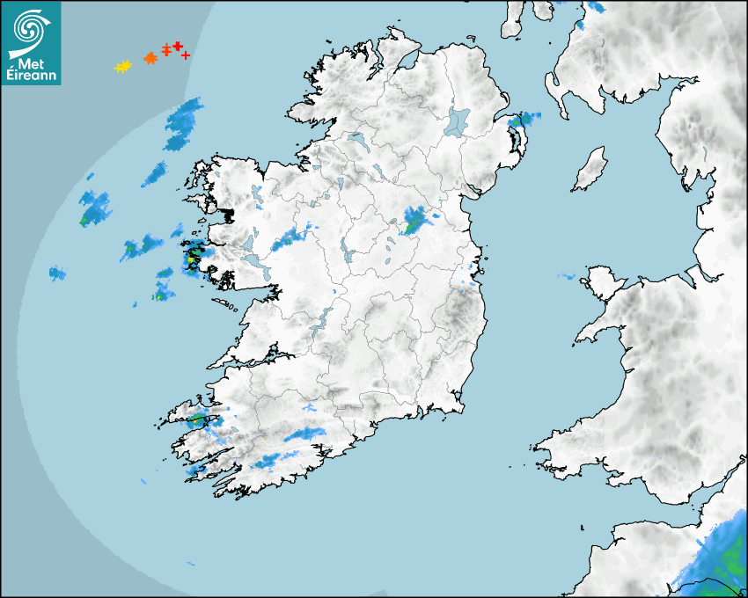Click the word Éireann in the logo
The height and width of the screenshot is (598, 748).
pyautogui.click(x=32, y=75)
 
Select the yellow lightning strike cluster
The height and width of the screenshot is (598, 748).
pyautogui.click(x=122, y=66)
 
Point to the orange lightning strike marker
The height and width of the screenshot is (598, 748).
pyautogui.click(x=150, y=58)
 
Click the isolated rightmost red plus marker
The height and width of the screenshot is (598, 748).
pyautogui.click(x=186, y=55)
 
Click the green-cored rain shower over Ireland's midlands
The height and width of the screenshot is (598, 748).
pyautogui.click(x=414, y=221)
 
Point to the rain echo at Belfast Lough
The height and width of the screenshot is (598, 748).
pyautogui.click(x=524, y=119)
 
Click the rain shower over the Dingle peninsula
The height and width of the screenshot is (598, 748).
pyautogui.click(x=198, y=420)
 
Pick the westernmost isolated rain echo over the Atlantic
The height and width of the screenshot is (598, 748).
pyautogui.click(x=57, y=273)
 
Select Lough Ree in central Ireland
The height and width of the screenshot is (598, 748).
pyautogui.click(x=348, y=255)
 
